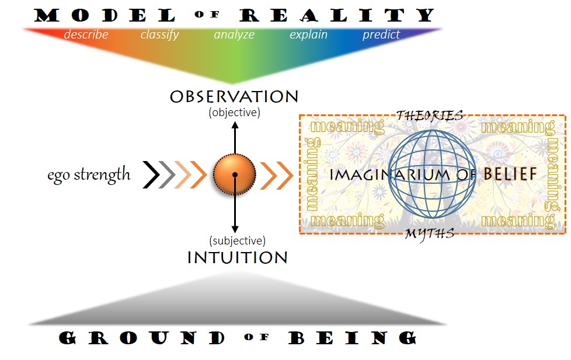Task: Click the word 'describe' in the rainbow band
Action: (x=86, y=34)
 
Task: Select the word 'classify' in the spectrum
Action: (x=159, y=34)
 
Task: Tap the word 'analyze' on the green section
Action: (x=234, y=34)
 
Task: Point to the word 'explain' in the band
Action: (x=308, y=34)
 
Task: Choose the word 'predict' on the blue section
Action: (x=381, y=34)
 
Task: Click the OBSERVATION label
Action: (x=234, y=96)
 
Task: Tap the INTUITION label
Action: (x=237, y=257)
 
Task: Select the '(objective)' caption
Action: (x=234, y=112)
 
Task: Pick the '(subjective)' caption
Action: (x=237, y=240)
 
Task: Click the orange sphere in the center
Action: (x=235, y=174)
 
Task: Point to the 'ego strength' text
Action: (x=89, y=174)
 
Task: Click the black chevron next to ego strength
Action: (x=151, y=174)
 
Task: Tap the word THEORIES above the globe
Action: (x=430, y=115)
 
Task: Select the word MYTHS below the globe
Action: (x=430, y=234)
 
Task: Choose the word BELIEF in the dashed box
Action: (x=510, y=174)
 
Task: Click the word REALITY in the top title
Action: (x=337, y=16)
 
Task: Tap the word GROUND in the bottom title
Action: (x=142, y=338)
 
